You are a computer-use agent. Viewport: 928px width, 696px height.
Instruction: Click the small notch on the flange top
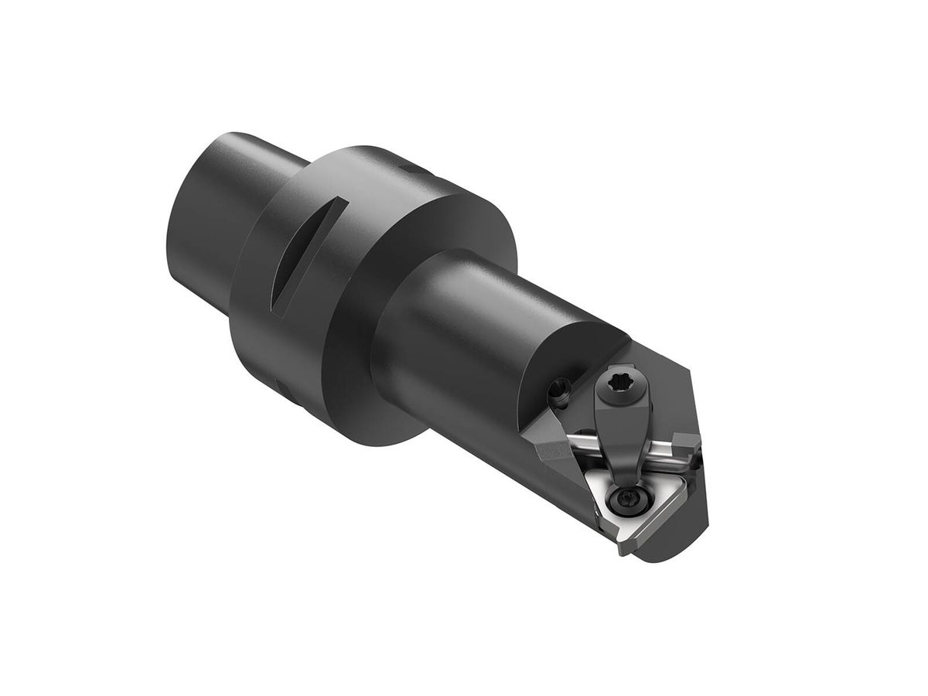tap(411, 164)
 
